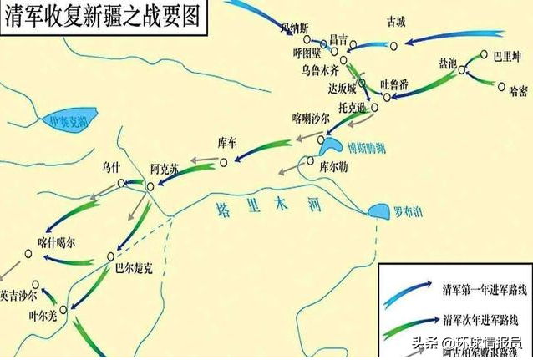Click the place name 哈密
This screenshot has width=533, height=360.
pyautogui.click(x=518, y=89)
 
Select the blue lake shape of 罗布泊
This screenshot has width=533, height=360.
pyautogui.click(x=378, y=210)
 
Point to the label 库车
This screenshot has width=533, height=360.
pyautogui.click(x=227, y=142)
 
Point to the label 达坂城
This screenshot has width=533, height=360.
pyautogui.click(x=342, y=88)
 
